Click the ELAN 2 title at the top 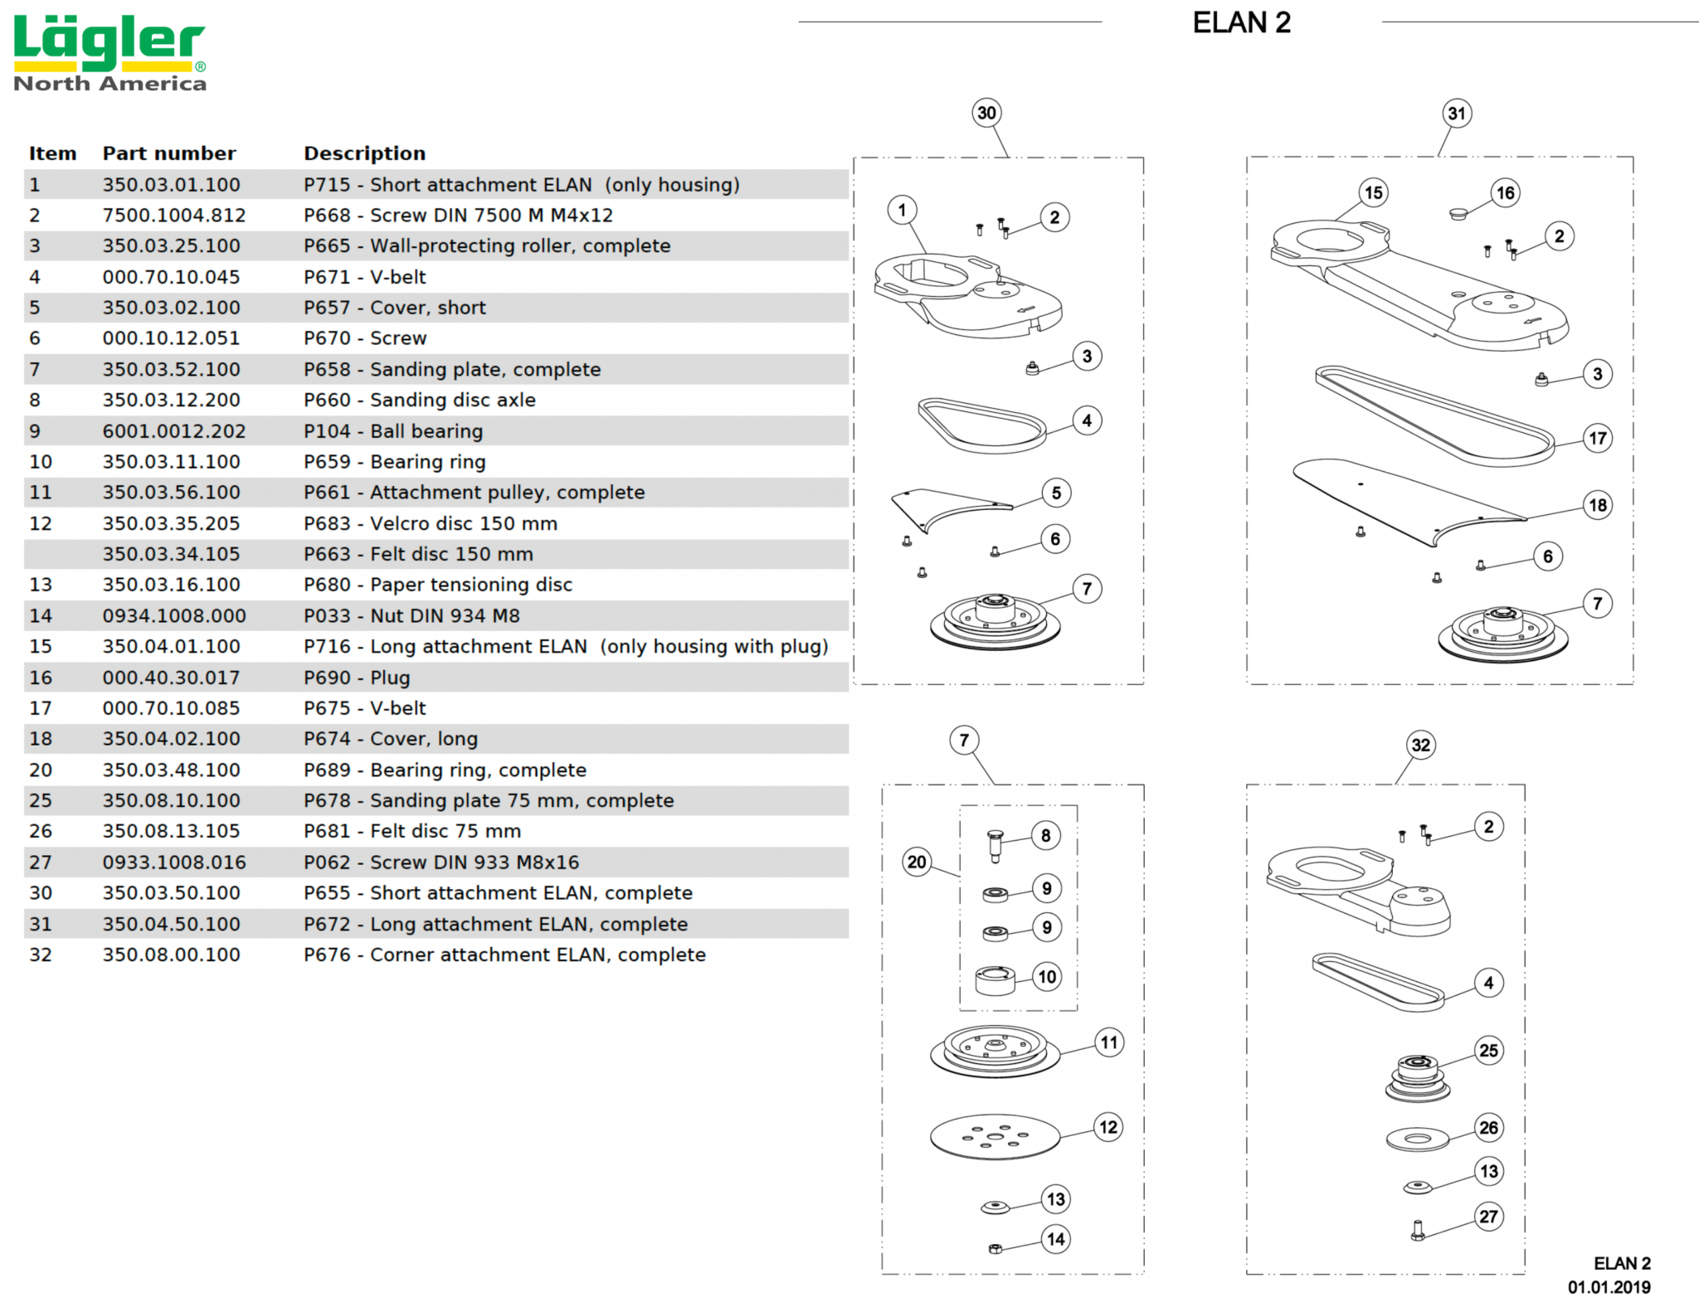tap(1241, 23)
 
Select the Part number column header tap(169, 153)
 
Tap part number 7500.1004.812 tap(174, 216)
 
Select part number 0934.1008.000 tap(174, 616)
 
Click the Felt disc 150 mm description tap(418, 554)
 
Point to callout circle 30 tap(986, 113)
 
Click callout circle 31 tap(1457, 114)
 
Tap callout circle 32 tap(1421, 745)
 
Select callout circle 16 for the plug tap(1505, 193)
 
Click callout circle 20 tap(917, 862)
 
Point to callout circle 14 tap(1055, 1239)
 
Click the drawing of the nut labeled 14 tap(996, 1248)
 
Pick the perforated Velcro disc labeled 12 tap(995, 1136)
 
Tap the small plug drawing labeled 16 tap(1458, 214)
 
